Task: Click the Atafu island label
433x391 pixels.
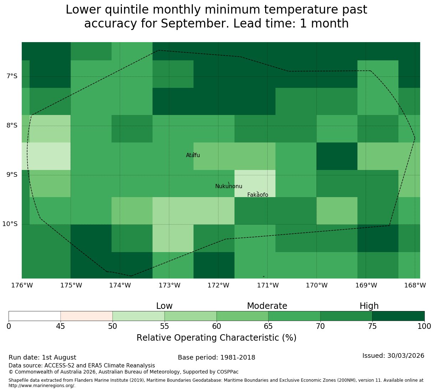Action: click(x=193, y=155)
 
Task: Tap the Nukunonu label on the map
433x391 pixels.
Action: click(x=228, y=186)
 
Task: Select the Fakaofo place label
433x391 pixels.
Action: click(x=258, y=195)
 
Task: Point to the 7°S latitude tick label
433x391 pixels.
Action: click(x=12, y=76)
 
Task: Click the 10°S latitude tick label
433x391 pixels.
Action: click(x=10, y=224)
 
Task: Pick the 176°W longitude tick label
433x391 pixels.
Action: click(x=22, y=285)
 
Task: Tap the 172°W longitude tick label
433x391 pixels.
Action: click(x=218, y=285)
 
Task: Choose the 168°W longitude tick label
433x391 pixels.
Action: click(x=415, y=285)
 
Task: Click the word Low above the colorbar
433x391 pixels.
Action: click(x=164, y=306)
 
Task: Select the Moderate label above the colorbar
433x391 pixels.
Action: click(x=267, y=306)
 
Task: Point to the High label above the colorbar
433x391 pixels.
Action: click(x=369, y=306)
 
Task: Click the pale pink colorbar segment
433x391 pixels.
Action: click(x=86, y=316)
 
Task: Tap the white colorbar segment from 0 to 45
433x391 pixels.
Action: click(x=35, y=316)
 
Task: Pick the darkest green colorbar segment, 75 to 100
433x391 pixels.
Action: click(x=398, y=316)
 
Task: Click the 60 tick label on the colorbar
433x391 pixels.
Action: click(x=217, y=326)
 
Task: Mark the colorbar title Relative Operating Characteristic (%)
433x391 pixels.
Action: click(x=217, y=338)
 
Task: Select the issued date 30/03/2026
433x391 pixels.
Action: click(x=406, y=356)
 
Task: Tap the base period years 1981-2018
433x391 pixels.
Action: click(x=237, y=357)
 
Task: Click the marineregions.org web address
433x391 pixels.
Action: click(x=42, y=386)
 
